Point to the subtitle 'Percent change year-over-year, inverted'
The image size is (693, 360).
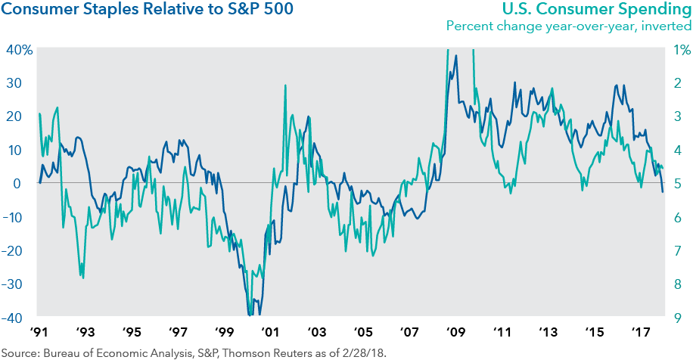[568, 26]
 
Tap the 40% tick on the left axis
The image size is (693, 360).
[18, 50]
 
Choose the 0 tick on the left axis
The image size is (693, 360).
[24, 183]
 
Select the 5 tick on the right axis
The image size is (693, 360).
[677, 183]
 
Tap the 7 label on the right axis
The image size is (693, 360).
[677, 250]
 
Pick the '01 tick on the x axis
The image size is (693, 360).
[269, 333]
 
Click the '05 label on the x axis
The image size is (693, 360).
[362, 333]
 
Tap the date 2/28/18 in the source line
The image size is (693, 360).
[365, 352]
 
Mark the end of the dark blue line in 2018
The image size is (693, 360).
[663, 192]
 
